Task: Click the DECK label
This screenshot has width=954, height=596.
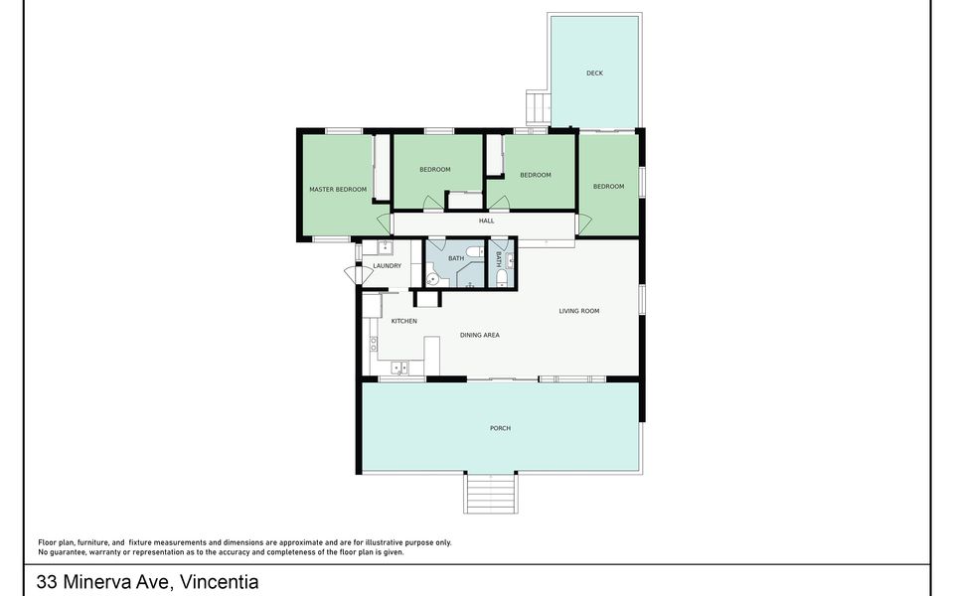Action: (x=594, y=73)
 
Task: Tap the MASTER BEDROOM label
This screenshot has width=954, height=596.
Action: (x=338, y=189)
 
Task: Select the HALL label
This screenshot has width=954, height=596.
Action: (x=486, y=221)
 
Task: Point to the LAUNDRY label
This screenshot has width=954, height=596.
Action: (x=387, y=266)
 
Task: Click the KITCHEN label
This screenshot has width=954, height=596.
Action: (x=404, y=321)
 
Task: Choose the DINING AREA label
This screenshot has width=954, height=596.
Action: (x=479, y=335)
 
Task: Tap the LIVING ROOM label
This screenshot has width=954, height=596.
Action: (x=579, y=311)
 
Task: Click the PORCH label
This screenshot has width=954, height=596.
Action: (x=500, y=428)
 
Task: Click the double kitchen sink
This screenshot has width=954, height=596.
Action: (x=399, y=368)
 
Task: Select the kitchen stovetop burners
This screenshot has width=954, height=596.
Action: (x=374, y=345)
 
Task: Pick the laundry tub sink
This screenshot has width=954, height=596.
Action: (x=385, y=247)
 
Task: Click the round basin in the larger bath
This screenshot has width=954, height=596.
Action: (x=432, y=279)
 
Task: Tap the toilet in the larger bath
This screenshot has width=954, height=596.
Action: (x=474, y=251)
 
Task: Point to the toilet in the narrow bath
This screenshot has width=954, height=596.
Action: (x=502, y=278)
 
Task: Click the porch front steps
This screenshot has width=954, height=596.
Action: (x=491, y=493)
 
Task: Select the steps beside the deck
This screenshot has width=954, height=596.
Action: (x=538, y=107)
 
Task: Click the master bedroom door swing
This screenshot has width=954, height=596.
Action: (x=385, y=223)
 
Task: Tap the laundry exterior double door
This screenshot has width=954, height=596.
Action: (x=359, y=275)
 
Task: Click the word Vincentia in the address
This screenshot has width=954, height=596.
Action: (x=219, y=582)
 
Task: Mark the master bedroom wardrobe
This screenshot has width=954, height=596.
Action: (x=382, y=167)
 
